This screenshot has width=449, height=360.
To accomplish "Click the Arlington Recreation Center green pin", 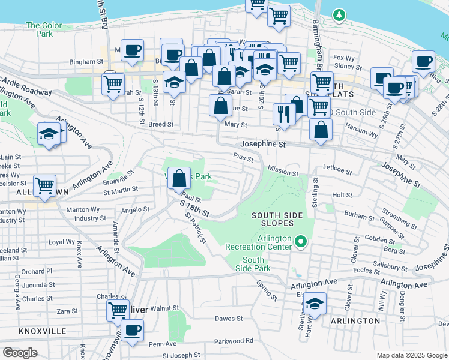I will pyautogui.click(x=301, y=242).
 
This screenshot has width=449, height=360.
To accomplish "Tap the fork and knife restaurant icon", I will pyautogui.click(x=283, y=113).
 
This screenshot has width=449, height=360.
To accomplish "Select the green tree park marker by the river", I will pyautogui.click(x=340, y=14).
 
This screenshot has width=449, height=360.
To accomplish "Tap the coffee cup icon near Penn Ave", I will pyautogui.click(x=132, y=329).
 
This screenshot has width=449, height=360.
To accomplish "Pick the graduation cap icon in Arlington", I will pyautogui.click(x=314, y=304).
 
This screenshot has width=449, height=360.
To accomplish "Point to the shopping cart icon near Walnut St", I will pyautogui.click(x=118, y=310).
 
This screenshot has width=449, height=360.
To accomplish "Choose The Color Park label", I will pyautogui.click(x=44, y=29).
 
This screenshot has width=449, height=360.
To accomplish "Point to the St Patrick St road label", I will pyautogui.click(x=196, y=229).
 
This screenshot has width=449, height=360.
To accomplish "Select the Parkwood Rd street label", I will pyautogui.click(x=237, y=341).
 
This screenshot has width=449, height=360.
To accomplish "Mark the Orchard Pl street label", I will pyautogui.click(x=37, y=271).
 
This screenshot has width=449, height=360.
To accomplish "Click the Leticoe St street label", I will pyautogui.click(x=337, y=170).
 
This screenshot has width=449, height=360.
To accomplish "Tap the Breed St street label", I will pyautogui.click(x=161, y=125).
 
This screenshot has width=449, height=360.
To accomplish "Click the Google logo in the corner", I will pyautogui.click(x=20, y=352).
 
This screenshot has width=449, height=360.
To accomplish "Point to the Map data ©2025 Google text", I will pyautogui.click(x=411, y=355).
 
